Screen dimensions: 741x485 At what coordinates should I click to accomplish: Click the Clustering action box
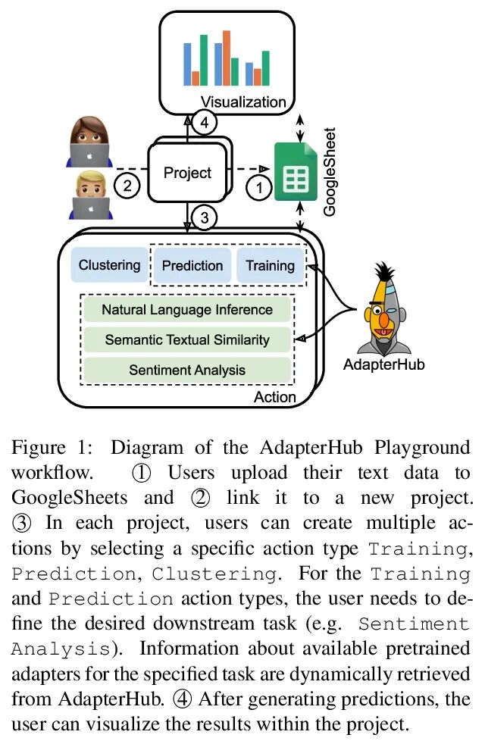coord(110,265)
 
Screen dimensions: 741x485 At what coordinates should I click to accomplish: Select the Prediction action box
coord(192,265)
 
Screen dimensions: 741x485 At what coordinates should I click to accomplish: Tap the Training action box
coord(270,265)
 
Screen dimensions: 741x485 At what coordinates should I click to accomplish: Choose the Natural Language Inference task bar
coord(187,309)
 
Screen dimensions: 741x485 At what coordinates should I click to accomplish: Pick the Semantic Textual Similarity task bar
coord(187,339)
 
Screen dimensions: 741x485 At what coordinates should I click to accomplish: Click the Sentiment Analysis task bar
coord(187,370)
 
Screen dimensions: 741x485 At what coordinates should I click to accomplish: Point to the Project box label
coord(187,173)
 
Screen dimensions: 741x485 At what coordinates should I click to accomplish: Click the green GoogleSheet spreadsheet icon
coord(295,172)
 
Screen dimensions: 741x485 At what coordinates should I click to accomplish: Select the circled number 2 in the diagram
coord(127,184)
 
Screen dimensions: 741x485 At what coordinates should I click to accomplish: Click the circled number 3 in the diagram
coord(204,218)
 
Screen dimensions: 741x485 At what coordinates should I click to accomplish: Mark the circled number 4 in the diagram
coord(204,121)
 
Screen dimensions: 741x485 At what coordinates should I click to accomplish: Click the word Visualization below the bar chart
coord(243,102)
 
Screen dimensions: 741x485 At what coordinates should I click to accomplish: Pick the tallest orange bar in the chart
coord(227,58)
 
